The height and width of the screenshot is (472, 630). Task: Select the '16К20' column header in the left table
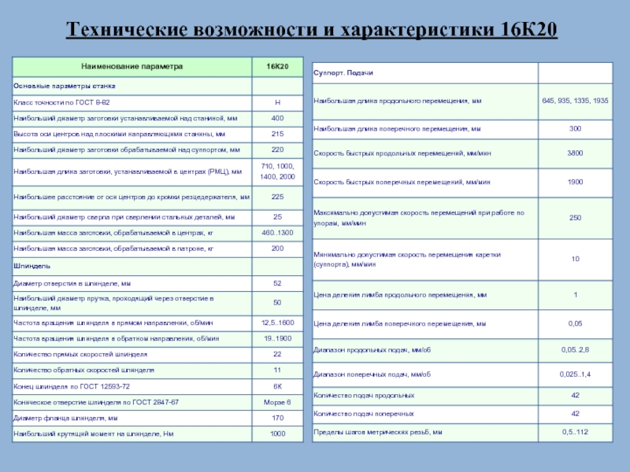277,68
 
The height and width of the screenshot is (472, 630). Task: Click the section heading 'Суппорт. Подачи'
343,72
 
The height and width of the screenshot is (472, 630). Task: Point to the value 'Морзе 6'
277,402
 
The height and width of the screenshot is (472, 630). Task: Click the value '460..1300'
277,233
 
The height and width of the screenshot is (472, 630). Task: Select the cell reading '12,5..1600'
277,323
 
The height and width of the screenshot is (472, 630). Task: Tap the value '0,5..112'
575,432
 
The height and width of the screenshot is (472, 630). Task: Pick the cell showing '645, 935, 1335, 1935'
575,101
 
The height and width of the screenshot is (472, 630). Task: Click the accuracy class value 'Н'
277,103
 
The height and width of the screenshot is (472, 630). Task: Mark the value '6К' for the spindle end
277,386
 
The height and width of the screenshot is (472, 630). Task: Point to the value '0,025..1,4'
575,374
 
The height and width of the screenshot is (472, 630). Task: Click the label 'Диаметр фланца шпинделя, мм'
65,418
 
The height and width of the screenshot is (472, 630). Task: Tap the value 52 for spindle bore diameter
277,283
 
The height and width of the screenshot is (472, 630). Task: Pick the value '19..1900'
277,338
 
